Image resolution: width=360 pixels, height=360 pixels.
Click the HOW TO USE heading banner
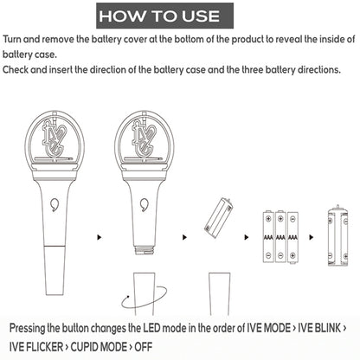click(164, 16)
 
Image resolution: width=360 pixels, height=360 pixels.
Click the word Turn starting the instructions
click(12, 39)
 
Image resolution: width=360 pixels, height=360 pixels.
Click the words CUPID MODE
click(99, 347)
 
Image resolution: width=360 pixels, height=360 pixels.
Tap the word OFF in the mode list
click(144, 347)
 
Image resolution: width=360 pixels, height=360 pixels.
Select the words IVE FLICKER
click(36, 347)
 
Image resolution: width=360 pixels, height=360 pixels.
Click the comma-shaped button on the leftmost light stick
click(55, 204)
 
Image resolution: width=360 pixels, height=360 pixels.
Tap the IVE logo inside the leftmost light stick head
click(54, 138)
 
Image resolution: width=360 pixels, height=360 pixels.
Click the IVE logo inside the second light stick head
click(144, 138)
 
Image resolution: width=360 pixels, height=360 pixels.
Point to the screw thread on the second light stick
click(145, 250)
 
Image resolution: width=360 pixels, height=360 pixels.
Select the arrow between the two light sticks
click(100, 237)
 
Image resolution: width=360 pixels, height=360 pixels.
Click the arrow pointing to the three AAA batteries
click(246, 237)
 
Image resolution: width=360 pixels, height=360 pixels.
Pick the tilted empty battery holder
click(219, 218)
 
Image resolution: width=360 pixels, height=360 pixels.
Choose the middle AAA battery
click(280, 237)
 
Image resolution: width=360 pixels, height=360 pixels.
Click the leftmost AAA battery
click(268, 237)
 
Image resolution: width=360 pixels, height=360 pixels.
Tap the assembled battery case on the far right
click(337, 235)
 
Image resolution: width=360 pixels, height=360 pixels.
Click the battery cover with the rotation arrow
click(145, 293)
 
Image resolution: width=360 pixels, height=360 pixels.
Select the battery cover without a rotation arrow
click(220, 293)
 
